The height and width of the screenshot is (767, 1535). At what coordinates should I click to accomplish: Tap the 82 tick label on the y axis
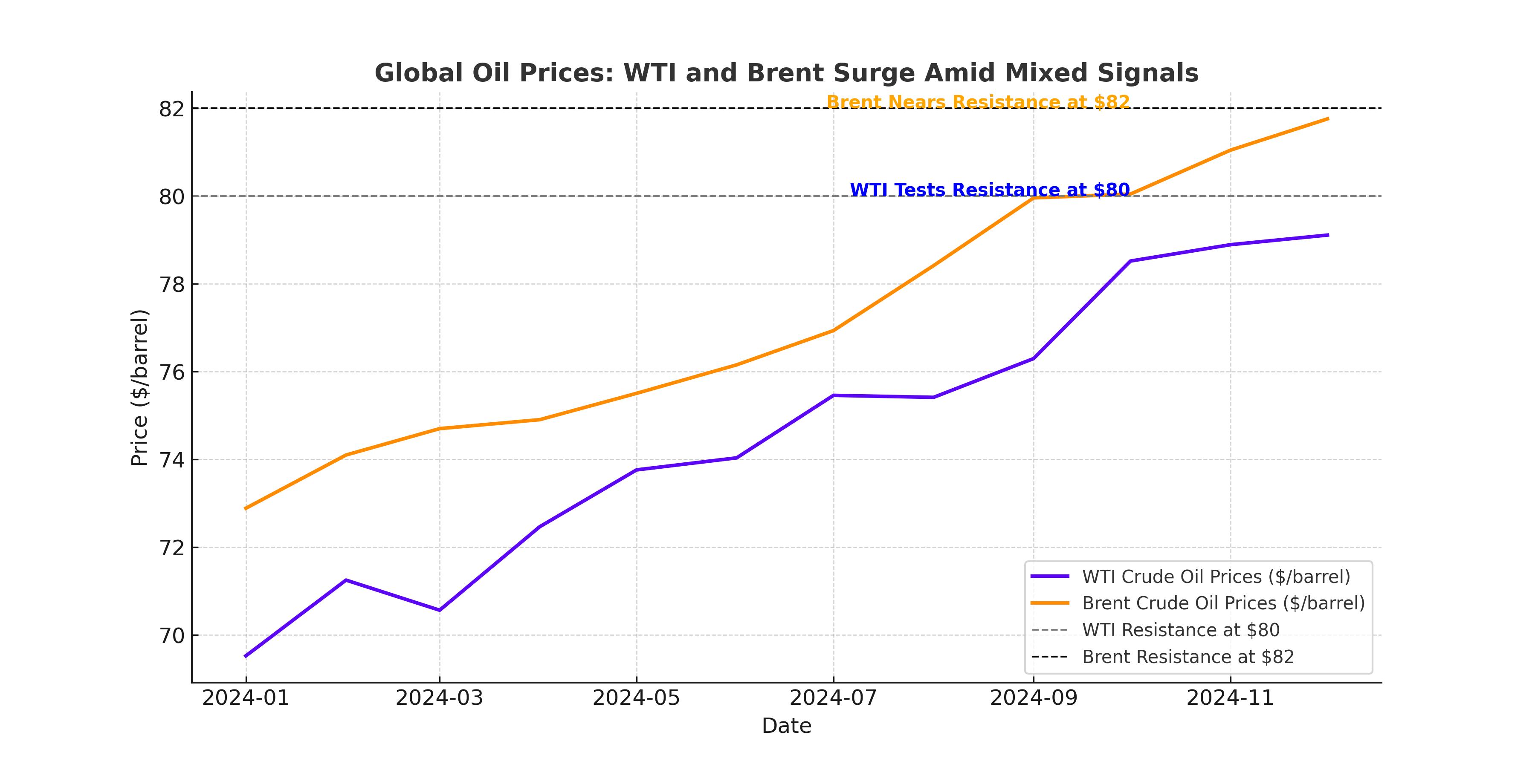coord(171,109)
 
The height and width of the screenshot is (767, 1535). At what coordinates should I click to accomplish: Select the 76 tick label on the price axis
coord(171,372)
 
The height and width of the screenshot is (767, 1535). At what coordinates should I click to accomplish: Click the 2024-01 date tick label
coord(246,698)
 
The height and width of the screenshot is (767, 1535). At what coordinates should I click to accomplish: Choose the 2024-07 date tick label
coord(833,698)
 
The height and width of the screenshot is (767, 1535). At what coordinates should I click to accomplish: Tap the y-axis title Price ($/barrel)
coord(139,387)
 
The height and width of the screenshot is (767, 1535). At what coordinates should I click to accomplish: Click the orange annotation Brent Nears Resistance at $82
coord(978,102)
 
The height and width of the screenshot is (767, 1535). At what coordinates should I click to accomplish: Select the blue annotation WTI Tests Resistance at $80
coord(989,190)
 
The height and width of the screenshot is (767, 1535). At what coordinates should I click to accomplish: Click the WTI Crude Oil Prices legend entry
coord(1216,577)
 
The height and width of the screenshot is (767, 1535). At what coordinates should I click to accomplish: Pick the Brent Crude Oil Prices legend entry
coord(1223,603)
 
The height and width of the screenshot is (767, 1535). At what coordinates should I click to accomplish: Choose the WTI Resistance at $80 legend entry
coord(1180,630)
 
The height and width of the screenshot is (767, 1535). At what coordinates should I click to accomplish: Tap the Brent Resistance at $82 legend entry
coord(1187,657)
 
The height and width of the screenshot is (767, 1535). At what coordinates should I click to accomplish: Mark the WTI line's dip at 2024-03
coord(440,610)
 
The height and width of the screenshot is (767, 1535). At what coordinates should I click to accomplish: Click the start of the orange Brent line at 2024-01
coord(246,508)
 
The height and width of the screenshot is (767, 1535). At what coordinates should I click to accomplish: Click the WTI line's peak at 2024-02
coord(346,580)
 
